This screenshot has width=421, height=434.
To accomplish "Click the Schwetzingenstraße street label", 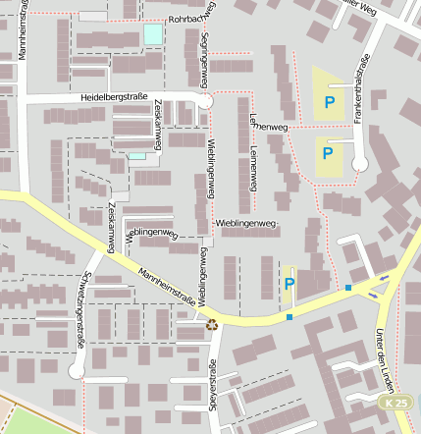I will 81,309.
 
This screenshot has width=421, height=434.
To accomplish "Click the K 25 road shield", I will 395,403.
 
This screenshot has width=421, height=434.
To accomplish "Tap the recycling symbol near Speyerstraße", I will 212,321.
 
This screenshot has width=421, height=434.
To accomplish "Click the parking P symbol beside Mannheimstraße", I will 289,284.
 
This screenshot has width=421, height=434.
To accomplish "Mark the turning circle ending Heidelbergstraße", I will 205,101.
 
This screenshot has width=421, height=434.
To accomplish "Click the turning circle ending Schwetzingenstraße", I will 76,371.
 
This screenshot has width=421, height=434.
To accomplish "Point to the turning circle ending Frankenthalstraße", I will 359,165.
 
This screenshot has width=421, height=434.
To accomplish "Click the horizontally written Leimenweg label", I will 271,127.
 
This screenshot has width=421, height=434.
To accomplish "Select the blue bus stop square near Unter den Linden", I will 348,288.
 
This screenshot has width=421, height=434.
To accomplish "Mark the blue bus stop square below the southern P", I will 289,316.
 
